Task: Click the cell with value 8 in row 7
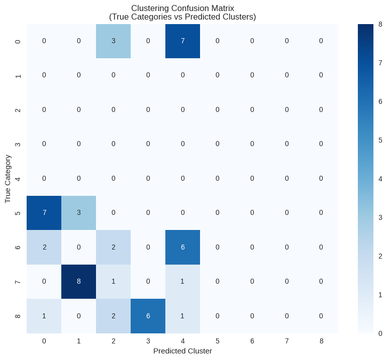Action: click(x=79, y=282)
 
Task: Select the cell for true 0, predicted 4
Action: click(x=183, y=41)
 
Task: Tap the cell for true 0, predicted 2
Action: click(x=114, y=41)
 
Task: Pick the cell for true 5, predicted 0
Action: click(x=44, y=213)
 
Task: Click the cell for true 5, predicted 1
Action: click(x=79, y=213)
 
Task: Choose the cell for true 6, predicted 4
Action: click(x=183, y=247)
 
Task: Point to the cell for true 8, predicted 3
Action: click(x=148, y=316)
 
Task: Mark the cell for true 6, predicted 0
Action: click(x=44, y=247)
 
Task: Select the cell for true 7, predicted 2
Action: click(x=114, y=282)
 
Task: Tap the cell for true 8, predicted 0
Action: click(x=44, y=316)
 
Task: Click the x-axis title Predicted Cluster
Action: click(x=182, y=351)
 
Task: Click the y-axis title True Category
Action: click(x=8, y=179)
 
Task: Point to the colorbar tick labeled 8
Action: click(x=380, y=24)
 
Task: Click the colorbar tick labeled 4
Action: click(x=380, y=179)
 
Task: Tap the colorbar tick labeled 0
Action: click(x=380, y=333)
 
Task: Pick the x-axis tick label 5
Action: click(x=217, y=341)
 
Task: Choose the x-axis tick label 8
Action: click(x=321, y=341)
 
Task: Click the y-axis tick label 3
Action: click(x=19, y=144)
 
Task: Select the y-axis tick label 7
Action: click(x=19, y=282)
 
